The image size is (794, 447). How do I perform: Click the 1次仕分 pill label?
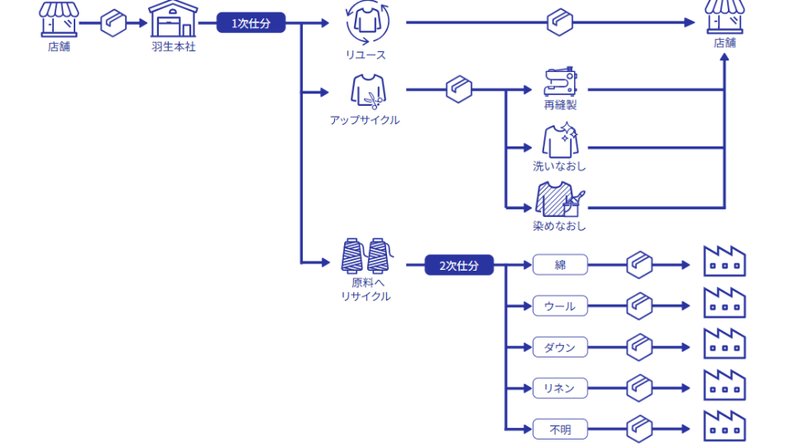[x=251, y=23]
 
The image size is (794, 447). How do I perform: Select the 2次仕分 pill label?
[x=459, y=266]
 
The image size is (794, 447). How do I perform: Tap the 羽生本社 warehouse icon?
[x=174, y=19]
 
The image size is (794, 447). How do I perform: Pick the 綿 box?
[x=560, y=265]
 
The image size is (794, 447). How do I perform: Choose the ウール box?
[x=560, y=306]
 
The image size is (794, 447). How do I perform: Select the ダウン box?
[x=560, y=347]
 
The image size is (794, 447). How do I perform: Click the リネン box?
[x=560, y=387]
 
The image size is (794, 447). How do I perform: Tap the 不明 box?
[x=560, y=429]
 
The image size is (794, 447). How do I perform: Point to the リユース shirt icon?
[x=366, y=22]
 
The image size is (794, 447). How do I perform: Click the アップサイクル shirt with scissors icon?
[x=366, y=91]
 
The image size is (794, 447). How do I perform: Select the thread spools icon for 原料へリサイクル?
[x=366, y=255]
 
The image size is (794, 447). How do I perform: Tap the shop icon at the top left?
[x=60, y=19]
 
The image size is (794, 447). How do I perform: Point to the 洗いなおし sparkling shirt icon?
[x=560, y=141]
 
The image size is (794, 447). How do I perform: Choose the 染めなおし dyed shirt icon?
[x=560, y=199]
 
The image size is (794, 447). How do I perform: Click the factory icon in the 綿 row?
[x=725, y=261]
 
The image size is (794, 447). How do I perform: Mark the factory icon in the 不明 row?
[x=725, y=425]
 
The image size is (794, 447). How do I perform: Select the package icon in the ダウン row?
[x=639, y=347]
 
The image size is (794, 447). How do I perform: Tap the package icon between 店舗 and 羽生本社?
[x=113, y=23]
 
